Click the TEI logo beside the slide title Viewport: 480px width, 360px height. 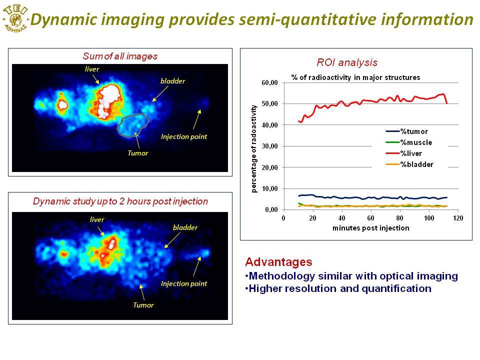coord(15,19)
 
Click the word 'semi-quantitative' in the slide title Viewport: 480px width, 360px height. coord(307,19)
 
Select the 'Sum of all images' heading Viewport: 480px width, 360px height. coord(120,56)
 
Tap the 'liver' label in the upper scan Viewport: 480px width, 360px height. coord(92,69)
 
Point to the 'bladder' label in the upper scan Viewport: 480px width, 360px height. coord(172,81)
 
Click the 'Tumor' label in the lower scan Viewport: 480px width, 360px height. coord(143,305)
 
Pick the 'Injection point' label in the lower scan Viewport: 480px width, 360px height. coord(184,284)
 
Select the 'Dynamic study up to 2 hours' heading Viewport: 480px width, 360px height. coord(120,201)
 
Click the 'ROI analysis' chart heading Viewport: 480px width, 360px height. coord(347,62)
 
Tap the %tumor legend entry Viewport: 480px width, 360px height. coord(406,131)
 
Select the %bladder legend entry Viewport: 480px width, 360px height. coord(409,164)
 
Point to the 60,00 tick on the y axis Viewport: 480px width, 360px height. coord(269,82)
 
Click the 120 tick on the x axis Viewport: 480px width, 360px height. coord(458,218)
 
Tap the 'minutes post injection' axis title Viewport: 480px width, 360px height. coord(370,228)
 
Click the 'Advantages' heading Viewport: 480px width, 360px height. coord(278,262)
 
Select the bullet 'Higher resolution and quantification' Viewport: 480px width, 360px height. coord(338,288)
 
